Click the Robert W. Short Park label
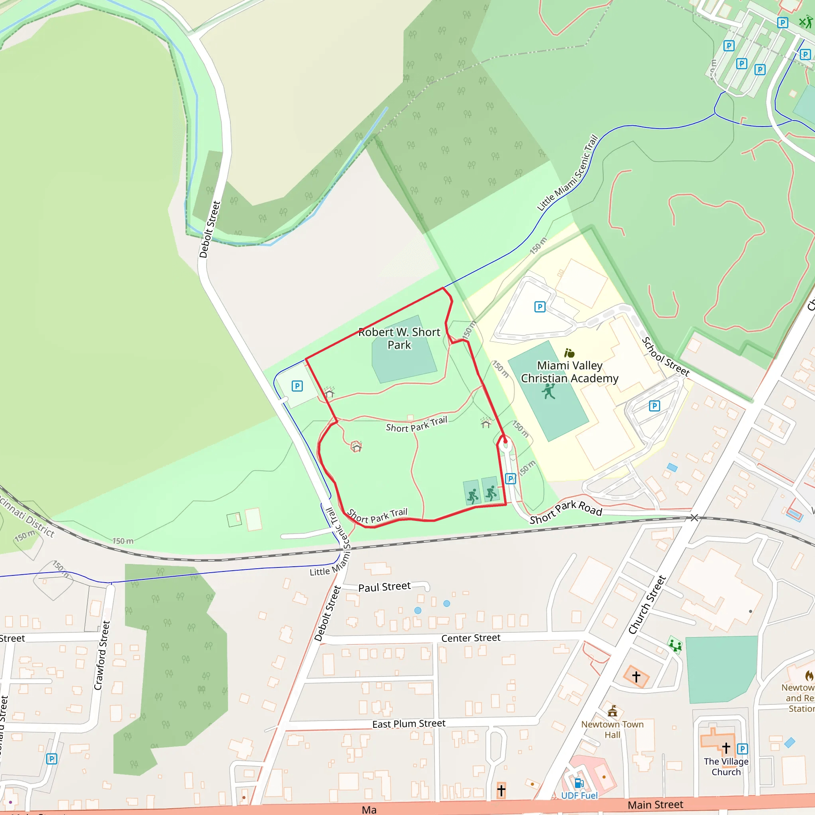(399, 338)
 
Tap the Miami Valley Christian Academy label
(569, 372)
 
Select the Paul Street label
(384, 587)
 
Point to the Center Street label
(471, 638)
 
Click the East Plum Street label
(408, 724)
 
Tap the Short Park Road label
(566, 512)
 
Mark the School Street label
(665, 357)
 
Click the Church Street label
(647, 604)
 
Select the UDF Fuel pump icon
(579, 783)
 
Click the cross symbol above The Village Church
(726, 748)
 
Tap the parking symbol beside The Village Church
(742, 749)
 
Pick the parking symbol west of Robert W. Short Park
(297, 386)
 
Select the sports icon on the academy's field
(548, 392)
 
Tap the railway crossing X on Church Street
(694, 518)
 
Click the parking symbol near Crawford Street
(51, 759)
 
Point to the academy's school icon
(569, 353)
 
